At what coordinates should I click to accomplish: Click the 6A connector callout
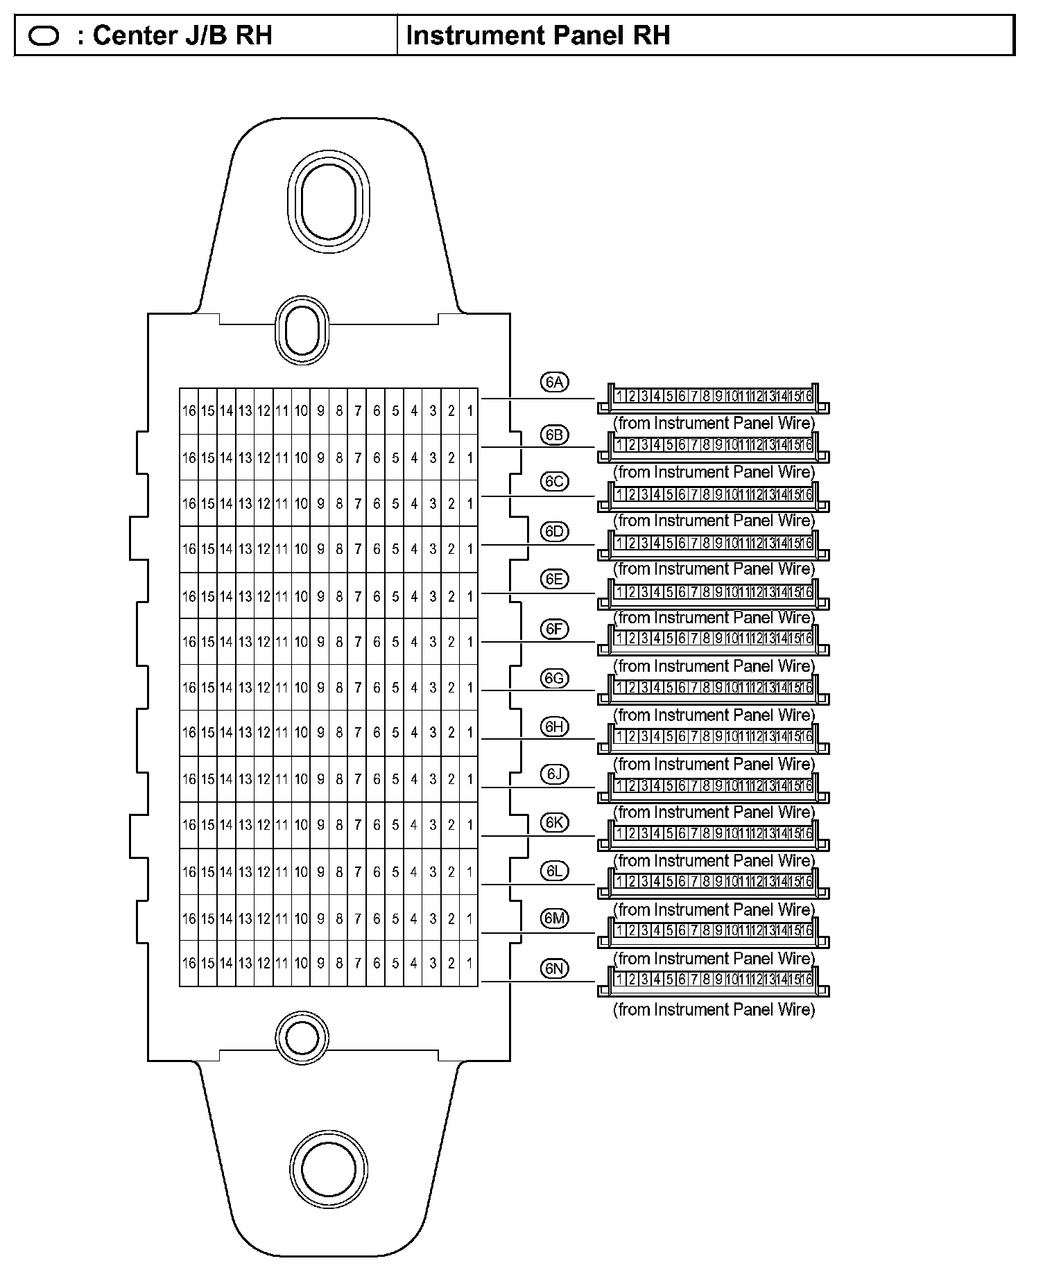554,383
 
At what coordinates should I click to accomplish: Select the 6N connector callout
554,969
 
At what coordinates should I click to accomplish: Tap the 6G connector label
554,679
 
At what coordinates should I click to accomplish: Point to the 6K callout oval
554,823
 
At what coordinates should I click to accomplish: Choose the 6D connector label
554,532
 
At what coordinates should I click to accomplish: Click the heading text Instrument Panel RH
538,35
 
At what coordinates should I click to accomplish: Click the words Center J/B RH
182,35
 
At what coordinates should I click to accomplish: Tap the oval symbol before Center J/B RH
44,36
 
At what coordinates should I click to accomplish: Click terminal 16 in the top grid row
189,411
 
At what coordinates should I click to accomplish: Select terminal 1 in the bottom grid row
469,963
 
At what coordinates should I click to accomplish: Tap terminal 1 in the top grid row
469,411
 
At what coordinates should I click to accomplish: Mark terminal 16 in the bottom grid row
189,963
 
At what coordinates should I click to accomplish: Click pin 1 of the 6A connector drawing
619,397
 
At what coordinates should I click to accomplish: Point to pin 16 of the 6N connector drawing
807,980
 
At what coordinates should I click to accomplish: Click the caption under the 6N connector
714,1009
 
